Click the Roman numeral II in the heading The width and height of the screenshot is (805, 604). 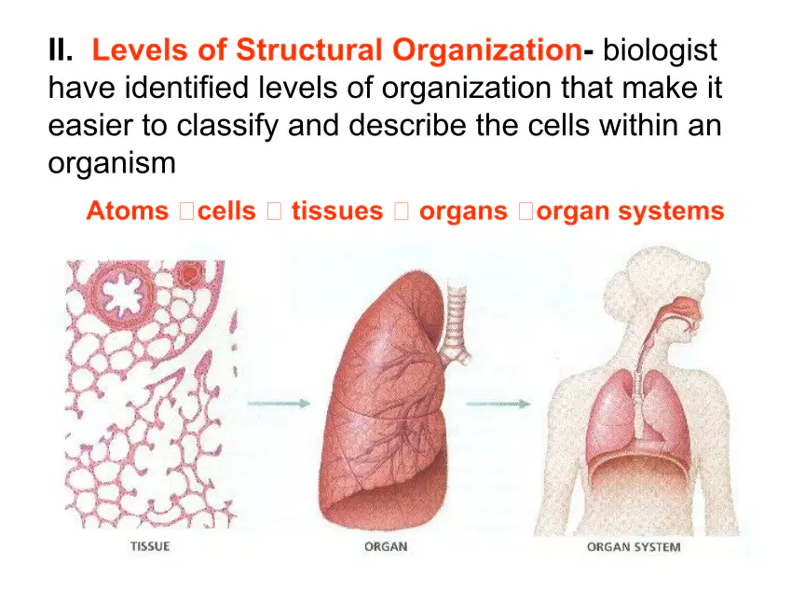click(x=61, y=49)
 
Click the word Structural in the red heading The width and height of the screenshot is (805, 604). click(x=309, y=49)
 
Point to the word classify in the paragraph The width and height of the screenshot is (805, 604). click(x=227, y=126)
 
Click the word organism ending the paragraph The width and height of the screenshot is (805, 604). click(x=112, y=164)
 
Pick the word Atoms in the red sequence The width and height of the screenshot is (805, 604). click(x=128, y=211)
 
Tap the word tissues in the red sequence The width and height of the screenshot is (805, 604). click(x=337, y=211)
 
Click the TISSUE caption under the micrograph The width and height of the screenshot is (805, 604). click(x=150, y=546)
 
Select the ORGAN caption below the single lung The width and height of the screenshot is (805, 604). click(x=386, y=546)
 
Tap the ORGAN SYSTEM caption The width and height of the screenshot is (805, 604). click(x=634, y=547)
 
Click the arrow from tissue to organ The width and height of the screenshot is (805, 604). click(x=279, y=404)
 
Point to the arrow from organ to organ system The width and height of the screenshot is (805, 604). click(x=498, y=404)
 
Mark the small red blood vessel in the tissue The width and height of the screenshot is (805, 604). click(x=189, y=274)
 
